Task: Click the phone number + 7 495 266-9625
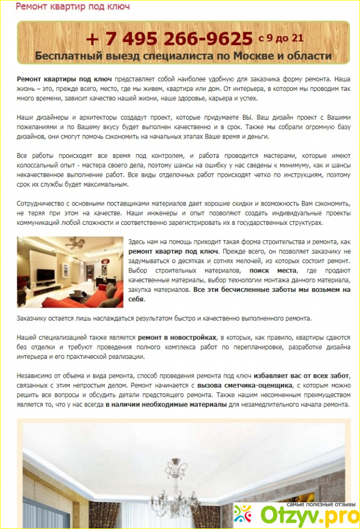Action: click(x=169, y=38)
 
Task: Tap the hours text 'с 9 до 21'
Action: click(x=281, y=38)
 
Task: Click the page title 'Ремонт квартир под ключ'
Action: click(x=73, y=7)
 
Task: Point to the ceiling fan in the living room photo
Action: click(x=74, y=243)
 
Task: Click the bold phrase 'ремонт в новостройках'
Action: click(x=177, y=337)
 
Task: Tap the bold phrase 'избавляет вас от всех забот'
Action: click(x=301, y=375)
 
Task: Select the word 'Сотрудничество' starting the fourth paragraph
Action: click(x=43, y=203)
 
